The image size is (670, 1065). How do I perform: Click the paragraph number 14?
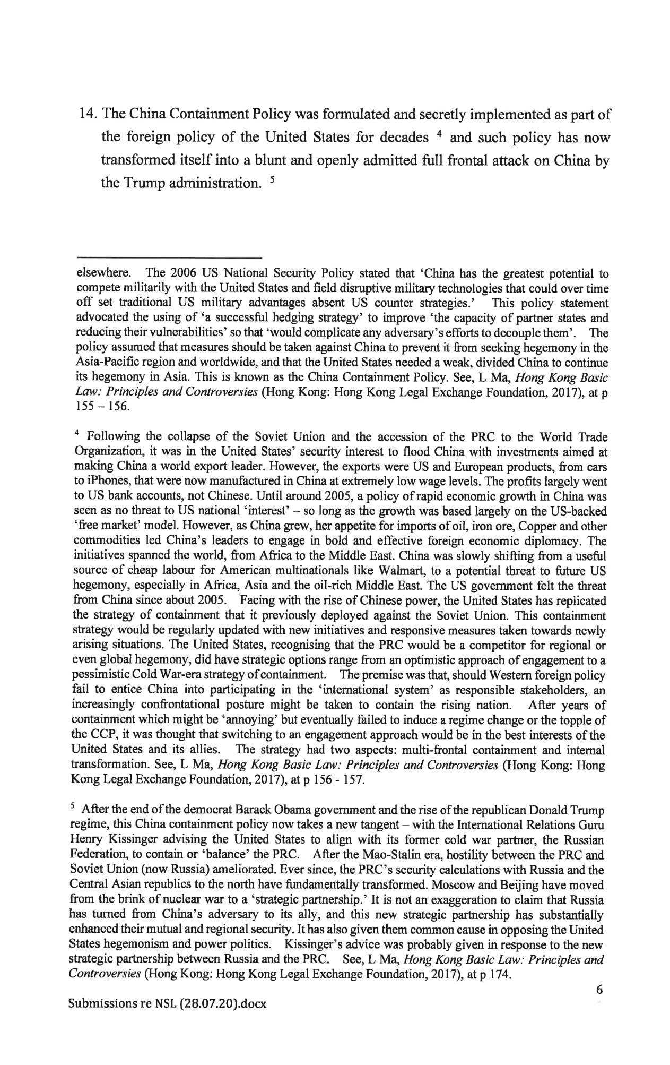coord(86,114)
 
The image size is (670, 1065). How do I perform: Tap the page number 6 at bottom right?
coord(600,989)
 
